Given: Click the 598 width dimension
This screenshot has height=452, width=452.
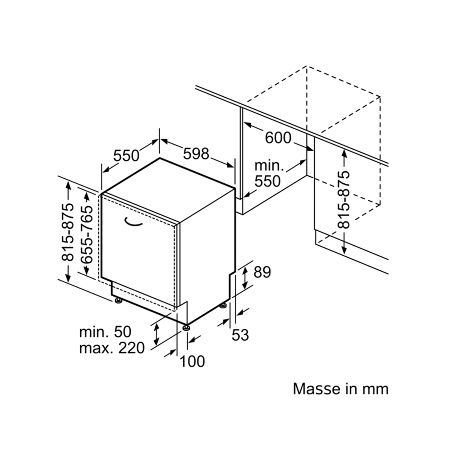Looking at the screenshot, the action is [196, 154].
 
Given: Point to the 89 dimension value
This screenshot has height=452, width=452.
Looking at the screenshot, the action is [262, 272].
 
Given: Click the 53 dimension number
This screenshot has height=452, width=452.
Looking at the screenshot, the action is [240, 335].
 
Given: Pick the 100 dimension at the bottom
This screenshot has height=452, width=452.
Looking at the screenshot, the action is [192, 361].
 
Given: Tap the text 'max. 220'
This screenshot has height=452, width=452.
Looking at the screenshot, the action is [112, 348].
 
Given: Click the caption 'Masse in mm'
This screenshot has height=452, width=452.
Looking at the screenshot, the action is [341, 389].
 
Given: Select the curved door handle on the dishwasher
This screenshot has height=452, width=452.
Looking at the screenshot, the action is [133, 223].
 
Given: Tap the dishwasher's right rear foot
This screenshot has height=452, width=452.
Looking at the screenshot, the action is [224, 306].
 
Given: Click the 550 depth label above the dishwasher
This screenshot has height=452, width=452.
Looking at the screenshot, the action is [126, 156].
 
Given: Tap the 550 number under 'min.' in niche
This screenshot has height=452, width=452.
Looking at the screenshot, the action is [268, 181].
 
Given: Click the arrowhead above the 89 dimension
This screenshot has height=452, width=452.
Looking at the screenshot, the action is [245, 270].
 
